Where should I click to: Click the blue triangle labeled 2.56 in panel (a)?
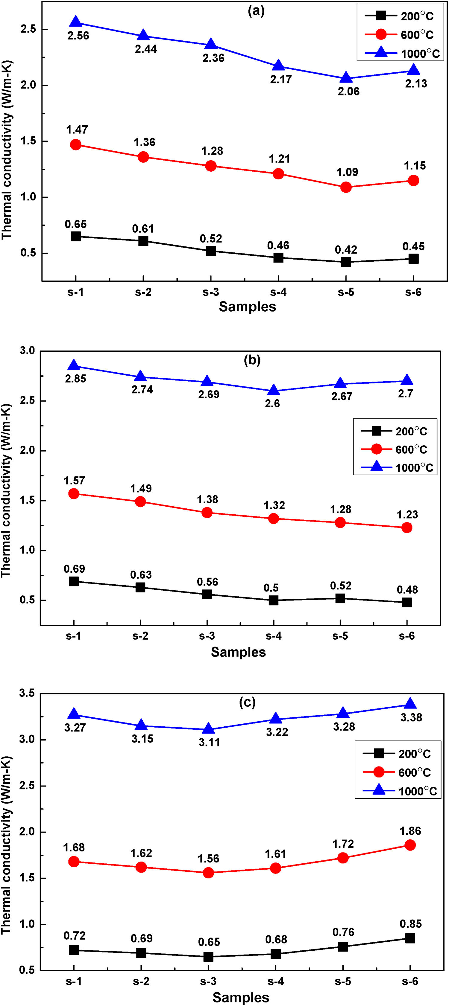[76, 22]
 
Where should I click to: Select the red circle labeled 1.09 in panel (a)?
[346, 187]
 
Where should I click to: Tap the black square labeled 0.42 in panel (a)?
[346, 262]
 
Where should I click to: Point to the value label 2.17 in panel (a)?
[280, 79]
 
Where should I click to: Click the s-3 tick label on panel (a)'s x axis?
[211, 292]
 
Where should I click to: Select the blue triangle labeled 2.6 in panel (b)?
[274, 390]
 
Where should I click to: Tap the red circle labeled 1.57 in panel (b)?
[74, 494]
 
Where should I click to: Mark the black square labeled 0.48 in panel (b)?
[407, 602]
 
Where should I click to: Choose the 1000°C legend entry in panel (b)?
[395, 467]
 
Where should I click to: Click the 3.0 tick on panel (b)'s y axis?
[27, 351]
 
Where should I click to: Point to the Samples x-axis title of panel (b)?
[238, 652]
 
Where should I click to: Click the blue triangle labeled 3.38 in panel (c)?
[410, 704]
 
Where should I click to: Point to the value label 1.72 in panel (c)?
[343, 844]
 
